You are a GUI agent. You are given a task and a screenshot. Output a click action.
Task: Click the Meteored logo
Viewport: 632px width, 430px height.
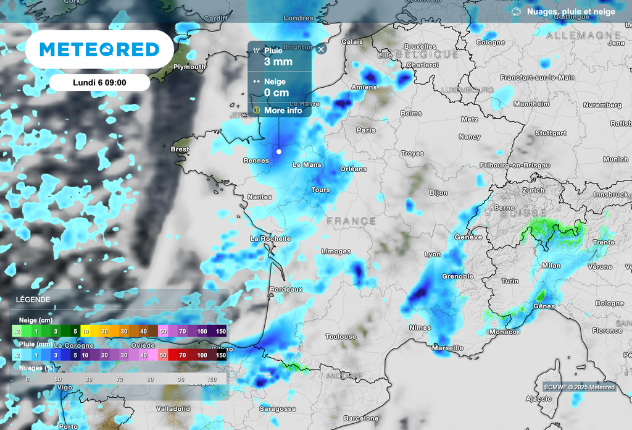99,49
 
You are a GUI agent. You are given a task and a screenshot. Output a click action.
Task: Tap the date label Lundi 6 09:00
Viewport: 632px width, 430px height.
99,82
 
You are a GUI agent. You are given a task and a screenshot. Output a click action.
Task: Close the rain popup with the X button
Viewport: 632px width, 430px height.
321,49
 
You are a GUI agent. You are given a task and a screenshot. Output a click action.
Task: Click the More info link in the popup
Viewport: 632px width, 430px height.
283,111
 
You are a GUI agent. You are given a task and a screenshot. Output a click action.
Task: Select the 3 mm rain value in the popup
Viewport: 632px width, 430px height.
278,62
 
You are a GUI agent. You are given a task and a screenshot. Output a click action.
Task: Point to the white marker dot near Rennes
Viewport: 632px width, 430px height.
279,151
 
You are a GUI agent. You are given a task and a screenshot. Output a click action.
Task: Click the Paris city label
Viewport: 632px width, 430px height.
366,130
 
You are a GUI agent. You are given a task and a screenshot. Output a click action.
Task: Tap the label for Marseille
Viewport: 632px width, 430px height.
448,348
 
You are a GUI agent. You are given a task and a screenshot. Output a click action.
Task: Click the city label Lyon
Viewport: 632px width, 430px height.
433,255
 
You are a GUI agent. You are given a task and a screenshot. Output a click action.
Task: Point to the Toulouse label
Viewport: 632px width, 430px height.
341,337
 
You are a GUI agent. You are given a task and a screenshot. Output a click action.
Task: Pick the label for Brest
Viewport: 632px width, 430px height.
180,150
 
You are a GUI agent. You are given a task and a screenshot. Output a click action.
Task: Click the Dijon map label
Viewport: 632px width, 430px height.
439,193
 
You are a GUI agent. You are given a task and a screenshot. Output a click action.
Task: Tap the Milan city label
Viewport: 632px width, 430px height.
551,266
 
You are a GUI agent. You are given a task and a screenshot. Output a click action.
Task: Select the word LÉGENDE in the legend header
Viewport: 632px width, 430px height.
34,300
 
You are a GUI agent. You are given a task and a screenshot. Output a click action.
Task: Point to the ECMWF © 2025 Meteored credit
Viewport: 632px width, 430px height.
579,387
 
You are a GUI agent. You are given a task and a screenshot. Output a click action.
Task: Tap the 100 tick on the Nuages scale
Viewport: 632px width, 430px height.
212,379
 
